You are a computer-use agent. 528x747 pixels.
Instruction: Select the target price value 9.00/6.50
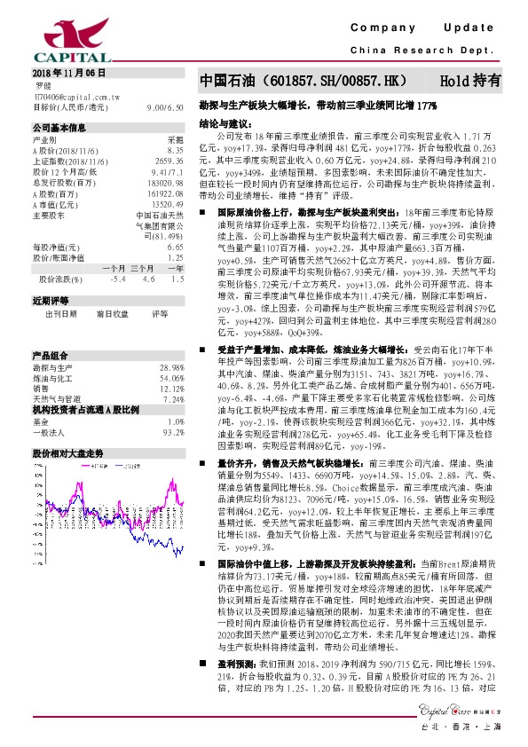coord(166,106)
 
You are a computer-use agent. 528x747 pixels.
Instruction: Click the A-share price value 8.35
coord(176,151)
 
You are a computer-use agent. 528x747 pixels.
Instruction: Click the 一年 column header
coord(175,267)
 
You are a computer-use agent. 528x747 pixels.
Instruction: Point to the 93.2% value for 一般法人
coord(173,431)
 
